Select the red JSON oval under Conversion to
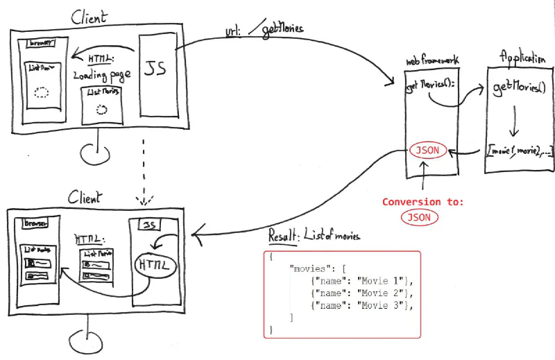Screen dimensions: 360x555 tap(419, 217)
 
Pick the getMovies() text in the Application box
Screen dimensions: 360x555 tap(520, 88)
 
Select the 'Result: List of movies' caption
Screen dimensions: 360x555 tap(314, 236)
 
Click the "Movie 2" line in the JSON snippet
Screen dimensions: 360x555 tap(362, 292)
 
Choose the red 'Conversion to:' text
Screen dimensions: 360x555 tap(423, 202)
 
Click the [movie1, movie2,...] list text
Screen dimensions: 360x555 tap(520, 150)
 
